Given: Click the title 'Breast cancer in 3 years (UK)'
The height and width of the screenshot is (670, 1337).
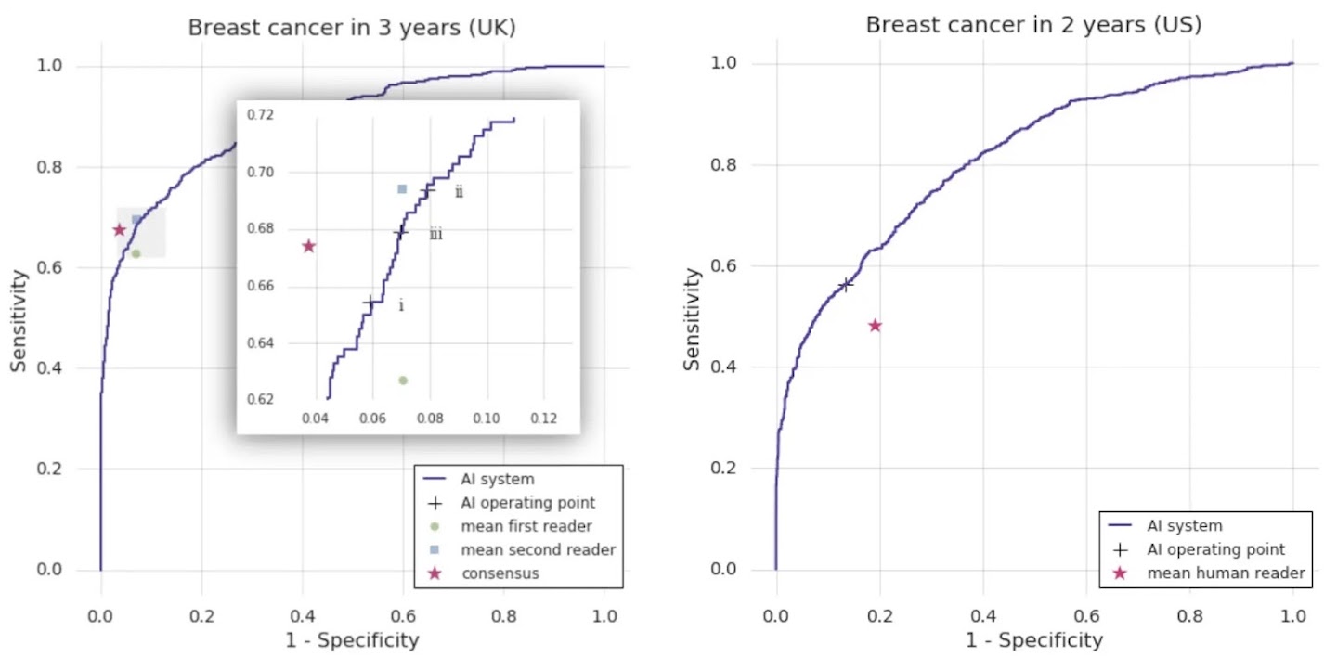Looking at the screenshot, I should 352,28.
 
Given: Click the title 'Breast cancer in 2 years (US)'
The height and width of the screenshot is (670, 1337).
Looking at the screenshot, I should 1033,25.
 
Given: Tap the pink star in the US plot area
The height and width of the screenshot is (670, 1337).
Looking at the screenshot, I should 875,326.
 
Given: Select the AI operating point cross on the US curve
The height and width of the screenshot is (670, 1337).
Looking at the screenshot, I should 846,285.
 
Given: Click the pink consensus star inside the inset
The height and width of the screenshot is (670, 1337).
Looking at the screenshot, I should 309,246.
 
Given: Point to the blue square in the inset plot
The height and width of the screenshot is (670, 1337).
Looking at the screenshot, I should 402,189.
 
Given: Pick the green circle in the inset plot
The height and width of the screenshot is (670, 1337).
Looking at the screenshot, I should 403,380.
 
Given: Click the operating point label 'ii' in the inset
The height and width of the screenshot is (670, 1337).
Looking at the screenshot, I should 459,193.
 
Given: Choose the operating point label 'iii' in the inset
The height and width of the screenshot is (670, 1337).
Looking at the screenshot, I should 435,235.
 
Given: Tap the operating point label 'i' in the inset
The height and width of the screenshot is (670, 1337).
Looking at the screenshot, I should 401,306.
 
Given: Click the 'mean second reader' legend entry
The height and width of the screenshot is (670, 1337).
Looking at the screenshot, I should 539,549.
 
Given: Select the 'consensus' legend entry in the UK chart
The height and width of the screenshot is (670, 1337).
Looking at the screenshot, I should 500,573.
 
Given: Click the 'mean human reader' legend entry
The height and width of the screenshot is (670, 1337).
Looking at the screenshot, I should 1226,573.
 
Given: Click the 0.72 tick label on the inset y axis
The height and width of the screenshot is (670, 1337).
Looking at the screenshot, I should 261,115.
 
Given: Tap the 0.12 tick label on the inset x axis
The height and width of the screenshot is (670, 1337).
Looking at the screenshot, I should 543,419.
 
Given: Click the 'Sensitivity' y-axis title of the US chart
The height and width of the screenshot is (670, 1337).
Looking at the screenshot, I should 692,318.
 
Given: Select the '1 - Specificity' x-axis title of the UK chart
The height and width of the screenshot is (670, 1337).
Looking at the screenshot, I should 352,640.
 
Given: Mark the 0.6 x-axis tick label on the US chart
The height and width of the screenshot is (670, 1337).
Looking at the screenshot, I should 1085,616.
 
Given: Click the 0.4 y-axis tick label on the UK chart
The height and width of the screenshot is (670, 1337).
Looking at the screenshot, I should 74,368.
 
